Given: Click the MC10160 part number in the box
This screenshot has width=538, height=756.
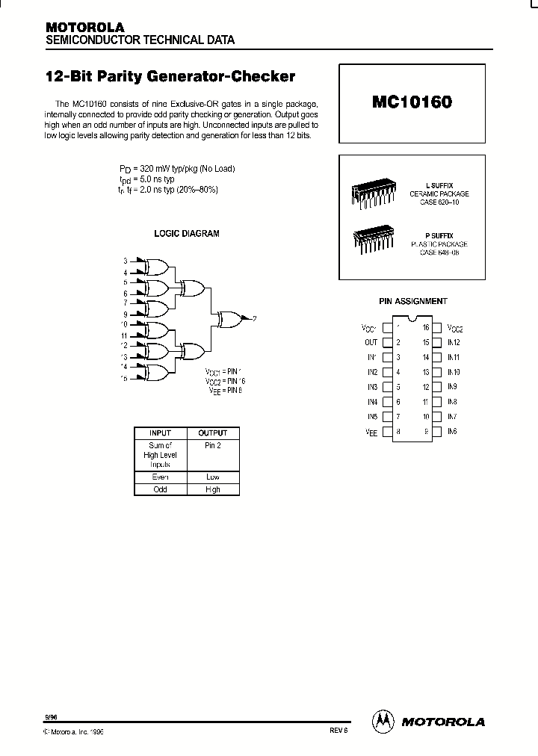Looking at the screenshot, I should pyautogui.click(x=412, y=102).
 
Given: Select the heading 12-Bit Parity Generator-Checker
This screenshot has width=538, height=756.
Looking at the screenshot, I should pyautogui.click(x=170, y=77).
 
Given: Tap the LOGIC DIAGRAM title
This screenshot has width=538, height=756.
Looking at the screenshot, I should pyautogui.click(x=187, y=234).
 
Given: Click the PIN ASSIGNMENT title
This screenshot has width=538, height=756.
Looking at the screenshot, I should pyautogui.click(x=412, y=301).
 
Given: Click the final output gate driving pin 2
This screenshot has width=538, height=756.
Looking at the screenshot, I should pyautogui.click(x=229, y=319).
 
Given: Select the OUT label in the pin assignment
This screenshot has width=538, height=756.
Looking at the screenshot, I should pyautogui.click(x=371, y=342).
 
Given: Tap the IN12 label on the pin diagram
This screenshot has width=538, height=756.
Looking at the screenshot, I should pyautogui.click(x=454, y=342).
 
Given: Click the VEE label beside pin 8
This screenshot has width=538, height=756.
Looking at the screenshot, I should pyautogui.click(x=371, y=432).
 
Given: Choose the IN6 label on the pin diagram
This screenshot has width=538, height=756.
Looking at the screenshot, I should pyautogui.click(x=452, y=432).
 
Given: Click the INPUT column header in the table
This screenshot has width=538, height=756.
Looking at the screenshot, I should pyautogui.click(x=160, y=433).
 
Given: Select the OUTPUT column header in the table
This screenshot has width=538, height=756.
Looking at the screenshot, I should pyautogui.click(x=213, y=433).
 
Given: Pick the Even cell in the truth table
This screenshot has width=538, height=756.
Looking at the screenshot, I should pyautogui.click(x=160, y=477).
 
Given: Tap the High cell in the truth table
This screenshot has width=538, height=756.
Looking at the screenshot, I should pyautogui.click(x=213, y=490).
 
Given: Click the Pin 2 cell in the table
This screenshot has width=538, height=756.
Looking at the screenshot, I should pyautogui.click(x=213, y=445).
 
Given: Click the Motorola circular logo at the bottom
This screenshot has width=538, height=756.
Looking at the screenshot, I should pyautogui.click(x=383, y=721).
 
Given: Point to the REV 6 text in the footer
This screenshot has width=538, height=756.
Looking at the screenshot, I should pyautogui.click(x=338, y=732).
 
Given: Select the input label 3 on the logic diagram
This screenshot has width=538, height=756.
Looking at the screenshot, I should pyautogui.click(x=126, y=261).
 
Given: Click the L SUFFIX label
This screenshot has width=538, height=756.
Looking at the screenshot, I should pyautogui.click(x=439, y=185).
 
